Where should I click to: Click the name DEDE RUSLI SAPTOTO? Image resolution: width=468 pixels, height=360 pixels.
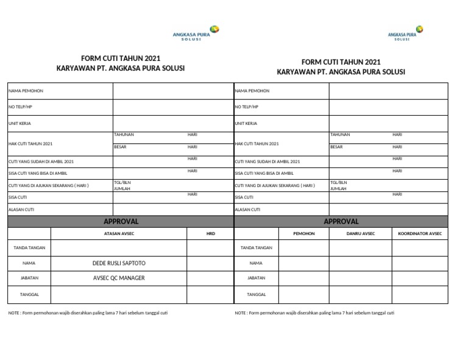point(118,263)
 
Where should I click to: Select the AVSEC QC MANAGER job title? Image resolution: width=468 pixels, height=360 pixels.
point(118,278)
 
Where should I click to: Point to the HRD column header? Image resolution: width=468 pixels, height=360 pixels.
point(210,233)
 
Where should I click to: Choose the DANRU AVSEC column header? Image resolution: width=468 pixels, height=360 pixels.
point(361,233)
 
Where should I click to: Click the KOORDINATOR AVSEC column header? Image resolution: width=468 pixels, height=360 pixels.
point(420,233)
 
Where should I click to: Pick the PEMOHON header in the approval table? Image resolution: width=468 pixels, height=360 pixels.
point(304,233)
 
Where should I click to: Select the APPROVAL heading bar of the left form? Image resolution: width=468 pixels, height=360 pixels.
point(121,221)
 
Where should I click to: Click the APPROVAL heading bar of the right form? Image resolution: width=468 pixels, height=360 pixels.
point(341,221)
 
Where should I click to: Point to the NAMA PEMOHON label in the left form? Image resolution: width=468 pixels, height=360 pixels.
point(26,91)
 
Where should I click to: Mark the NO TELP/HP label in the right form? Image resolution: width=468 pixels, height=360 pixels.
point(247,107)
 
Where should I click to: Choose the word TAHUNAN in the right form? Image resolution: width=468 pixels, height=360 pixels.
point(340,134)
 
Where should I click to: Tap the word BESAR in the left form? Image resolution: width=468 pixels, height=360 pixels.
point(120,147)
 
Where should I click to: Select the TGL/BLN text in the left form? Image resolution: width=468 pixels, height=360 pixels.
point(122,182)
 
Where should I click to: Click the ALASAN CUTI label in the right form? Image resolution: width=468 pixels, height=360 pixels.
point(248,209)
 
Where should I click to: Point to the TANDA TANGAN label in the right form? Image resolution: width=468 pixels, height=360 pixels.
point(256,248)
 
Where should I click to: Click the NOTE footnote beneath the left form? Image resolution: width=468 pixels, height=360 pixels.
point(88,312)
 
